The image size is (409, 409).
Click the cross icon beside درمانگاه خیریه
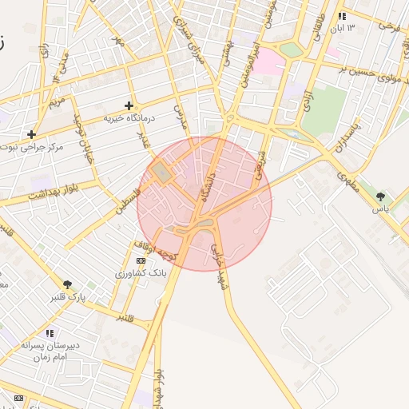pyautogui.click(x=129, y=105)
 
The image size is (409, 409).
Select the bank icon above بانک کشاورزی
pyautogui.click(x=141, y=260)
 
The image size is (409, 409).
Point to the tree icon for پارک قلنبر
pyautogui.click(x=67, y=284)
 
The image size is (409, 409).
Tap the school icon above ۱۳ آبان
pyautogui.click(x=342, y=16)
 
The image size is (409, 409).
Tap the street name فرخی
pyautogui.click(x=389, y=27)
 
